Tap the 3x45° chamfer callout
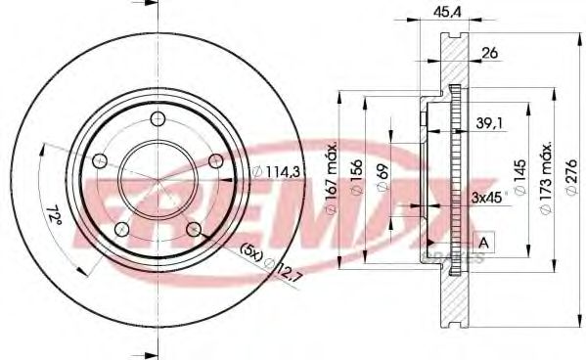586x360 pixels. tap(486, 196)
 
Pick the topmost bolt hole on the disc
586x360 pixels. tap(158, 119)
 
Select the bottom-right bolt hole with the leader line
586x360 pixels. tap(194, 229)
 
